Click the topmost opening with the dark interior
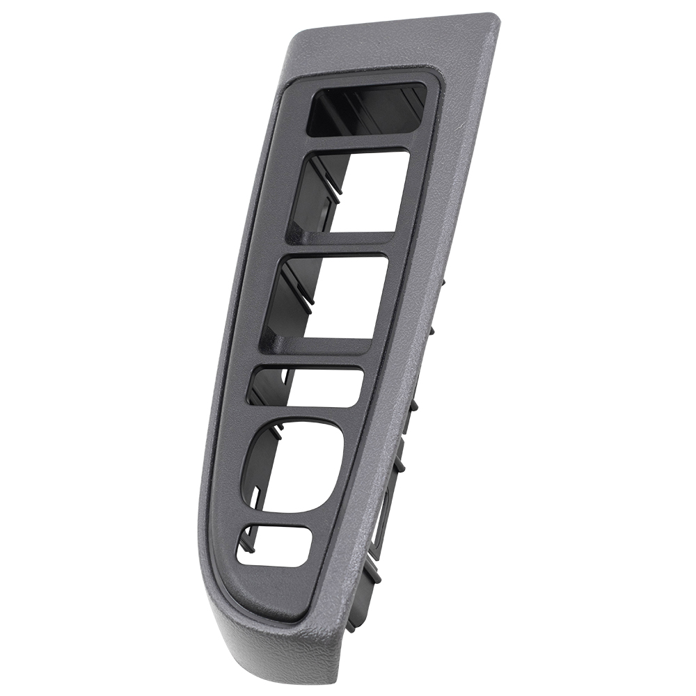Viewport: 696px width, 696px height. pos(365,110)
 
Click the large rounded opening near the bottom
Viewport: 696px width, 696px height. pos(296,463)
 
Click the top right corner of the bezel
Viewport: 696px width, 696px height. pos(491,17)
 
